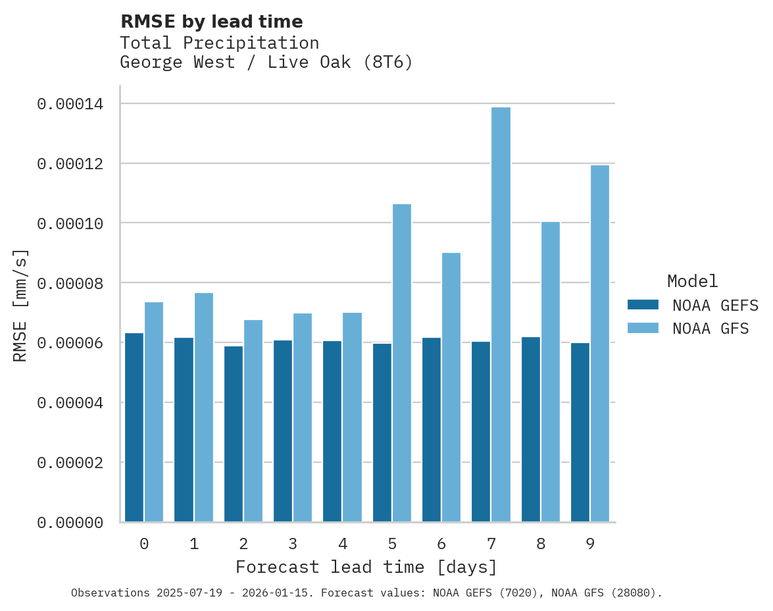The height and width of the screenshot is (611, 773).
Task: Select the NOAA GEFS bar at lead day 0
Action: [134, 427]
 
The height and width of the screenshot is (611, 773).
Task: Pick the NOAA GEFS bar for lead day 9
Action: [580, 432]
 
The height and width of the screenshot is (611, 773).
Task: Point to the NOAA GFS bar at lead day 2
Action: [253, 421]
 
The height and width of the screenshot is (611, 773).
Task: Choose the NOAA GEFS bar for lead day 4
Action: [332, 431]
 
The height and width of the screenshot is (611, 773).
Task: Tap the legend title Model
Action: [692, 281]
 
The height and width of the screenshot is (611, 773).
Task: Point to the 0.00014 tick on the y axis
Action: [70, 104]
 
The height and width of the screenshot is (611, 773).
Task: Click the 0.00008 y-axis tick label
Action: [70, 283]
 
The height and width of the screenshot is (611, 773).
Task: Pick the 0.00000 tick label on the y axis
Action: [70, 522]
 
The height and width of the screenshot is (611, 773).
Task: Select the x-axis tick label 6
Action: [441, 544]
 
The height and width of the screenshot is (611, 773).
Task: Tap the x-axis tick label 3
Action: [293, 544]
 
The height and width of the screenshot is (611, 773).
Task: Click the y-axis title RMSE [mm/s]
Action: [20, 305]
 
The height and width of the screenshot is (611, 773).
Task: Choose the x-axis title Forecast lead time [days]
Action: [366, 567]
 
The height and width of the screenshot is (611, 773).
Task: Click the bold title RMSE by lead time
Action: [211, 22]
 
